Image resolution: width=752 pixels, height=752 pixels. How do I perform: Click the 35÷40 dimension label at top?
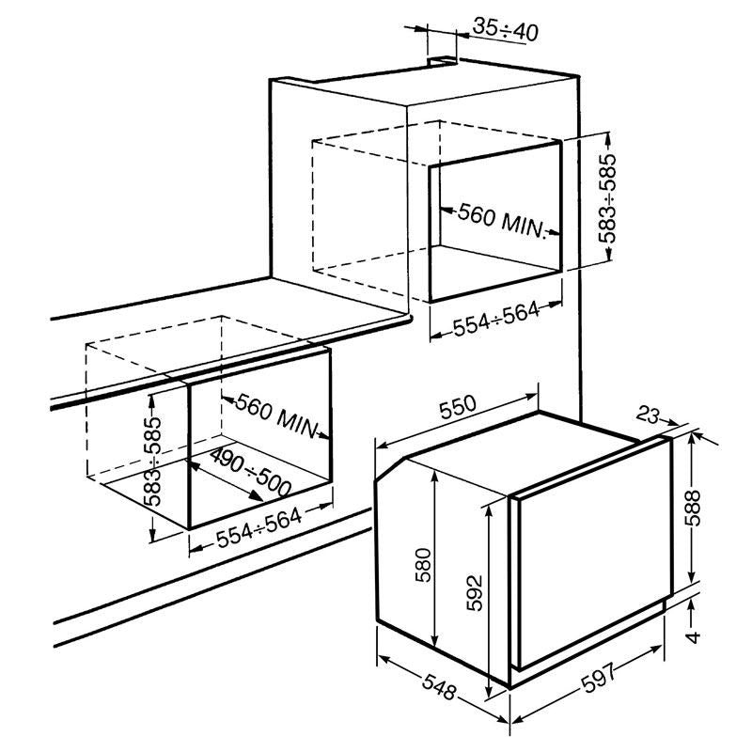click(x=505, y=29)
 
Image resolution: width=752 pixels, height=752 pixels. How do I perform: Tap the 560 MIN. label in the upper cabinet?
click(x=501, y=222)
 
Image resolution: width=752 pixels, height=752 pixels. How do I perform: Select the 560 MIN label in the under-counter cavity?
click(x=276, y=415)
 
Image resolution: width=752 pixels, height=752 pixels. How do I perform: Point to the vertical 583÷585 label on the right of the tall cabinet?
click(x=606, y=198)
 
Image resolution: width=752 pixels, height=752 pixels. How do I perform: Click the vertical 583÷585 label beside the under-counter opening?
click(x=153, y=462)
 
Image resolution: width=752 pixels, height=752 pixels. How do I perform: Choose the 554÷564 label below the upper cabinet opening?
click(x=496, y=320)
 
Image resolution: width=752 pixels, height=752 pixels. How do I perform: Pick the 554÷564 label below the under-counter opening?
click(x=259, y=527)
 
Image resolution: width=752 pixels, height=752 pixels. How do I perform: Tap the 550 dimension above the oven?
click(x=458, y=407)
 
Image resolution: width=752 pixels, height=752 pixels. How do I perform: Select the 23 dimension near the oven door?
click(x=649, y=415)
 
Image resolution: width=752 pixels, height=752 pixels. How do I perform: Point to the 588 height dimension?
click(x=693, y=508)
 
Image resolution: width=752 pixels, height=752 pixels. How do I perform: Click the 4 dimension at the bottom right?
click(x=693, y=637)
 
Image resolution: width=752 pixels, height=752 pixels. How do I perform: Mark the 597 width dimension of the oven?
click(x=598, y=677)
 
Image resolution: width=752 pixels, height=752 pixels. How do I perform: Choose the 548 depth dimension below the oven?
click(x=438, y=686)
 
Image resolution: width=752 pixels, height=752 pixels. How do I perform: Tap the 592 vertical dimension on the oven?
click(x=474, y=593)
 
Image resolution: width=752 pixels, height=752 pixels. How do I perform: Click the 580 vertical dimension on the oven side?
click(x=423, y=565)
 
